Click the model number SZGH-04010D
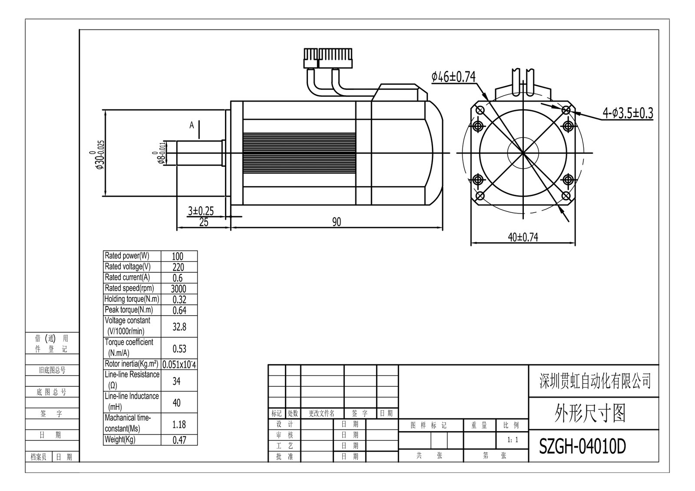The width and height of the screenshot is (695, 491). [582, 446]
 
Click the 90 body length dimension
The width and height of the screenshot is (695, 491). [337, 222]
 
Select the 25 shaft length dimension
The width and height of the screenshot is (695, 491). [203, 222]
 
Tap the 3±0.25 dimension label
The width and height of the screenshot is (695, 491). [201, 211]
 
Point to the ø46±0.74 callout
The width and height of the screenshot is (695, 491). [453, 77]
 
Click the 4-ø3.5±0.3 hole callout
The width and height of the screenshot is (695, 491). [627, 113]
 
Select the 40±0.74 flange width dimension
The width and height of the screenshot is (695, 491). [523, 237]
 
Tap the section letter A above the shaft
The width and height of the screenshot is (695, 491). [192, 125]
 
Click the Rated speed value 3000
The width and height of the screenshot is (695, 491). [179, 289]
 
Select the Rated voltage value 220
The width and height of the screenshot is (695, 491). [178, 267]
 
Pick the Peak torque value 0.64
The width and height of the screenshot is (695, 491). [179, 310]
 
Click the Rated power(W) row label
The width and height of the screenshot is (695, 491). [127, 256]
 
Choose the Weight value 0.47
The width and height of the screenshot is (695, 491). [179, 440]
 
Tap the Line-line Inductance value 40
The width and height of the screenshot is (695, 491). [177, 402]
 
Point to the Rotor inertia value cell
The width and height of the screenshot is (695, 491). [179, 365]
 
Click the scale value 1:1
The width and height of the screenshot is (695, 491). [512, 440]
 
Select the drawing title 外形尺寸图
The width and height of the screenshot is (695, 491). [589, 413]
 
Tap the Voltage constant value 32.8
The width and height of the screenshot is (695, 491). [179, 326]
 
